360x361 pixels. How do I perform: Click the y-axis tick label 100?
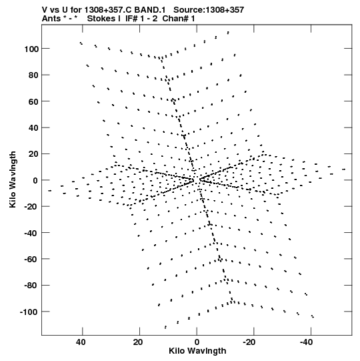click(32, 49)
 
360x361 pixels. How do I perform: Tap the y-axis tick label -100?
click(29, 312)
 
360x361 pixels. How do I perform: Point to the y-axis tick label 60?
click(33, 101)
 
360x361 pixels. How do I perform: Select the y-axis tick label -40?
click(31, 234)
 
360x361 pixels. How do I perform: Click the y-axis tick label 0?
click(35, 180)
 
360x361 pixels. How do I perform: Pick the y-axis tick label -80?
click(31, 286)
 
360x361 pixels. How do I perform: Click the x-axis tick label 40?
click(81, 342)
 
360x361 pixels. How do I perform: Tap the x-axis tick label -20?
click(249, 342)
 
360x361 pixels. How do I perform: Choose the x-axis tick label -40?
click(307, 342)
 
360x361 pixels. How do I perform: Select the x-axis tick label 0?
click(197, 342)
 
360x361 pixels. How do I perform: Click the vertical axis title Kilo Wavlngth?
click(13, 179)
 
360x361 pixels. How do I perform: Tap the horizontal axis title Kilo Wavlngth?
click(197, 351)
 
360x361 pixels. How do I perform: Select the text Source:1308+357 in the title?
click(209, 10)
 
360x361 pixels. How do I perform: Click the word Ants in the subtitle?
click(51, 19)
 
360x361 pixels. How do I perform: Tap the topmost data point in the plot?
click(228, 33)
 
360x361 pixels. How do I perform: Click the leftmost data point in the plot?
click(50, 191)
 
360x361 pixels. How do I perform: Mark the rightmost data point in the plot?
click(344, 169)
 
